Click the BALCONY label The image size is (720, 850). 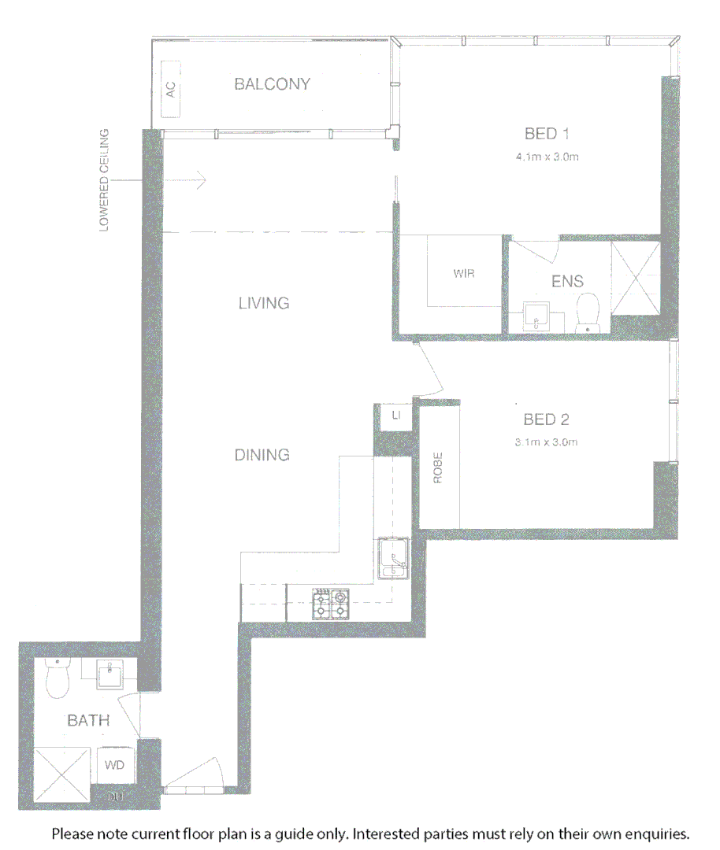(x=272, y=84)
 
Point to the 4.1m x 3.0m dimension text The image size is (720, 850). (x=547, y=157)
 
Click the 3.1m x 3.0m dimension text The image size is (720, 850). (x=546, y=442)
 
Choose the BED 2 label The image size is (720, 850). (x=546, y=419)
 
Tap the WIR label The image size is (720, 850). (x=465, y=274)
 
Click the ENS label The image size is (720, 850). (x=567, y=281)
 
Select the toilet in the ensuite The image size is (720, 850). (x=588, y=312)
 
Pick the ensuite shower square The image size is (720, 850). (x=635, y=279)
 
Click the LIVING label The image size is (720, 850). (x=264, y=303)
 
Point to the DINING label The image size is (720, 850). (x=262, y=455)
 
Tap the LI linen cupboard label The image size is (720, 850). (x=396, y=414)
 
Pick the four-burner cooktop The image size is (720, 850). (x=331, y=604)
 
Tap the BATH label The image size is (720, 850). (x=87, y=720)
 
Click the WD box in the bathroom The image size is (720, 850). (x=114, y=764)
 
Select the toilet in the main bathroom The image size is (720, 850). (x=58, y=679)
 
